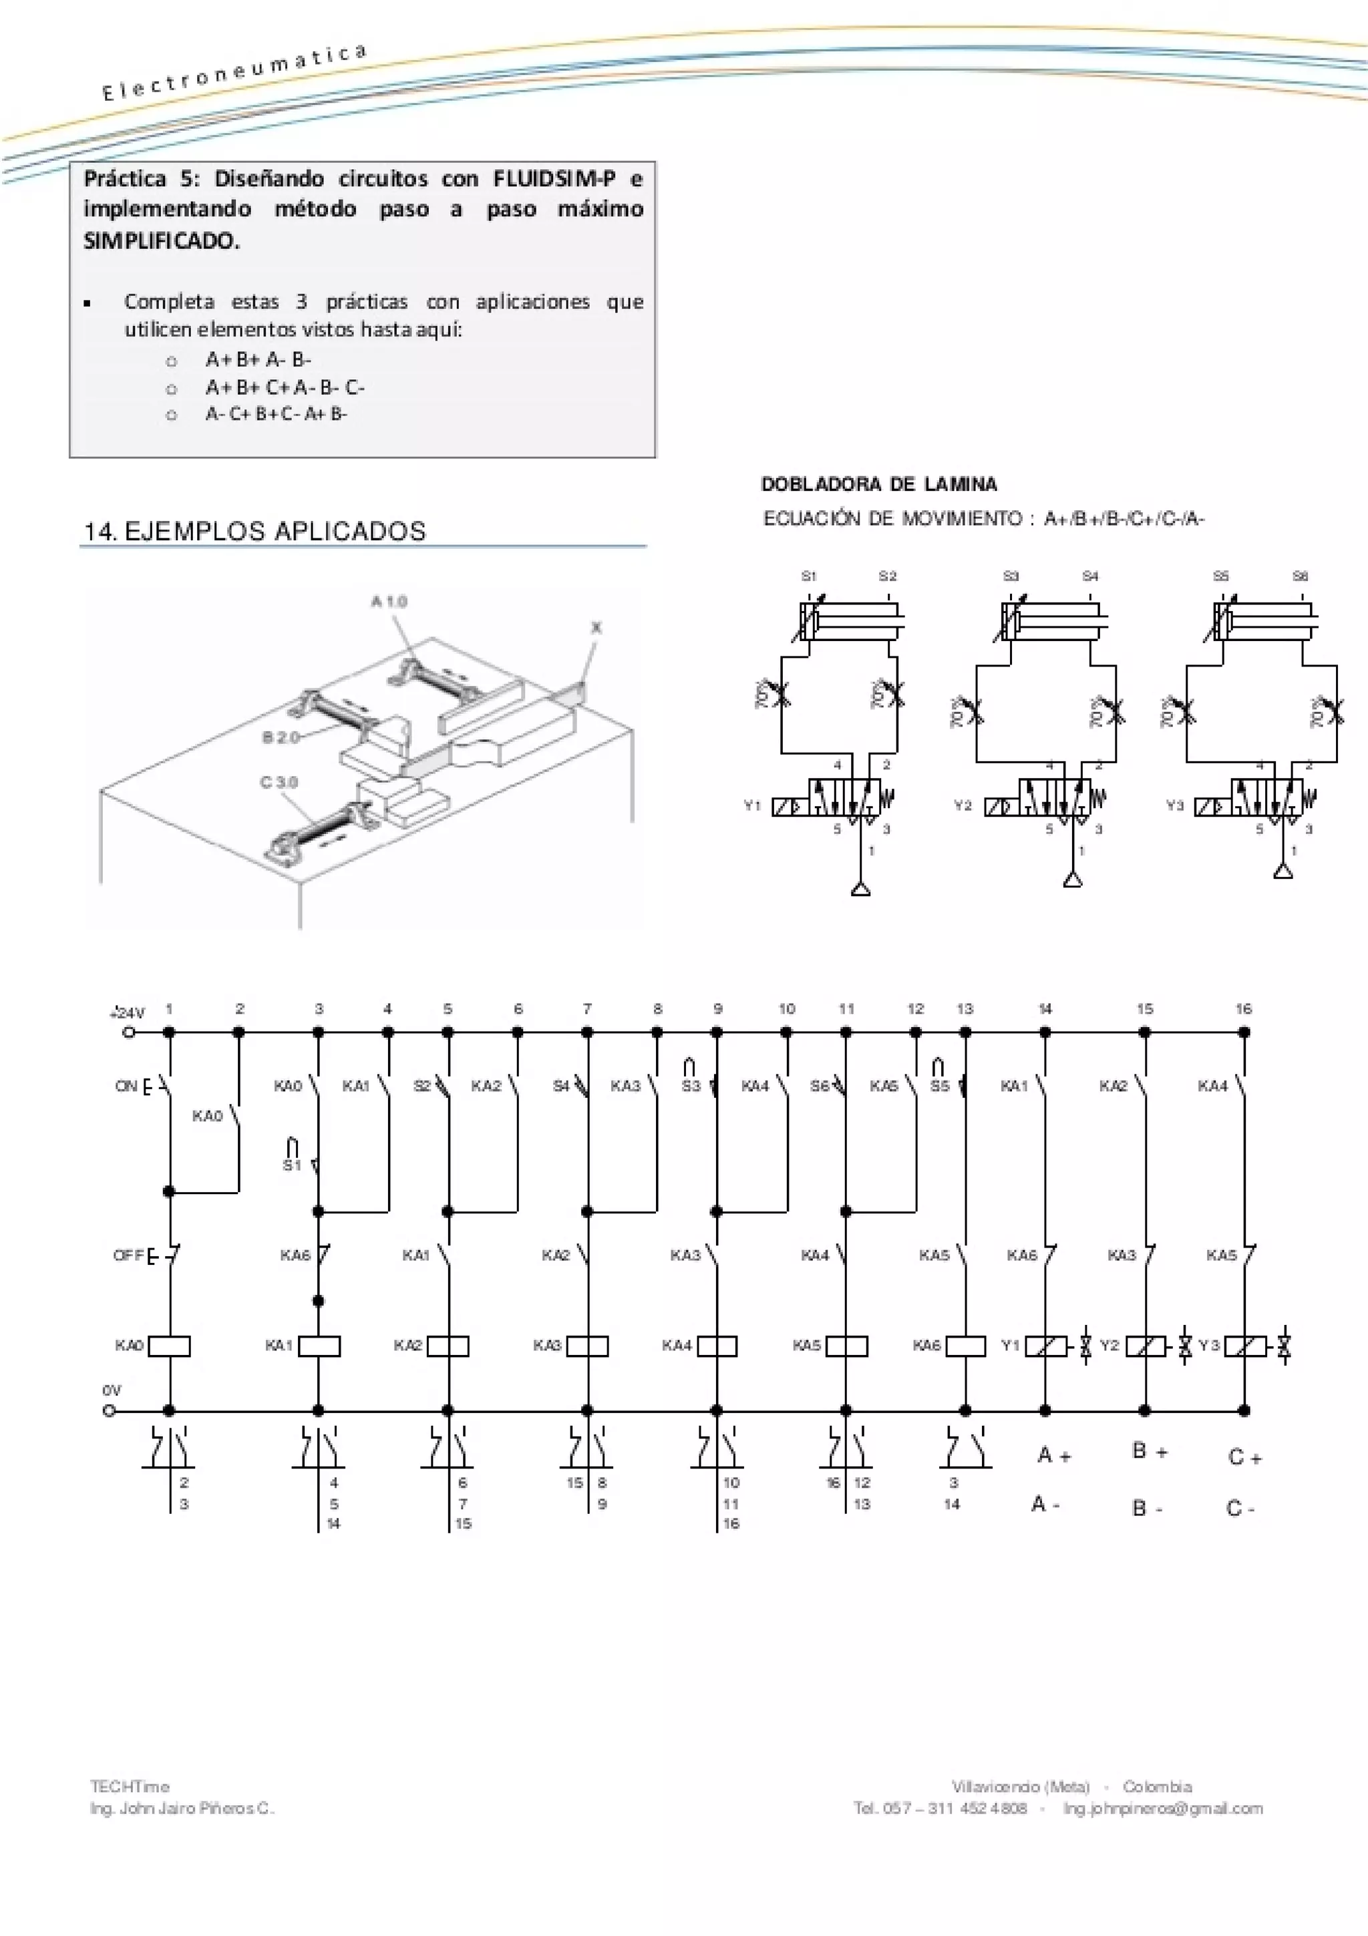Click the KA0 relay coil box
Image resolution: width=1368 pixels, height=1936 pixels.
pyautogui.click(x=169, y=1346)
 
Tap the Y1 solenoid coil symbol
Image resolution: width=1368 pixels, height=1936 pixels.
pyautogui.click(x=1046, y=1346)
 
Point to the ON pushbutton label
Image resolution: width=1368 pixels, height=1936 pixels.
pyautogui.click(x=126, y=1086)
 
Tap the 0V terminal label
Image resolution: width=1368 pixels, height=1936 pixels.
pyautogui.click(x=112, y=1390)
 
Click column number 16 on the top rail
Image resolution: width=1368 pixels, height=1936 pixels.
pyautogui.click(x=1243, y=1008)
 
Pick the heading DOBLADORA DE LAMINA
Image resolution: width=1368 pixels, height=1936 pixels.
pyautogui.click(x=878, y=484)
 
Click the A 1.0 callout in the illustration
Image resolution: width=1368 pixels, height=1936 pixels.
pyautogui.click(x=389, y=601)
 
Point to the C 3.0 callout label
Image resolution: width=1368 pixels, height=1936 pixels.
pyautogui.click(x=279, y=781)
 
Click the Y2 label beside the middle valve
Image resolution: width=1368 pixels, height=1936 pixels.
pyautogui.click(x=963, y=805)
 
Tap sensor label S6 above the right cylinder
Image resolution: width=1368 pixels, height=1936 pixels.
pyautogui.click(x=1300, y=576)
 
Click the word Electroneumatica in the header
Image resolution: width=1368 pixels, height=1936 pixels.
pyautogui.click(x=234, y=73)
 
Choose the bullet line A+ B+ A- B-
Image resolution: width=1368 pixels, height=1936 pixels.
pyautogui.click(x=258, y=360)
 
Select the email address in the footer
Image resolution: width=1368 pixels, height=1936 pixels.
pyautogui.click(x=1162, y=1808)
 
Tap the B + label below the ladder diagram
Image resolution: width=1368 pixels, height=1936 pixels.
pyautogui.click(x=1149, y=1451)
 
